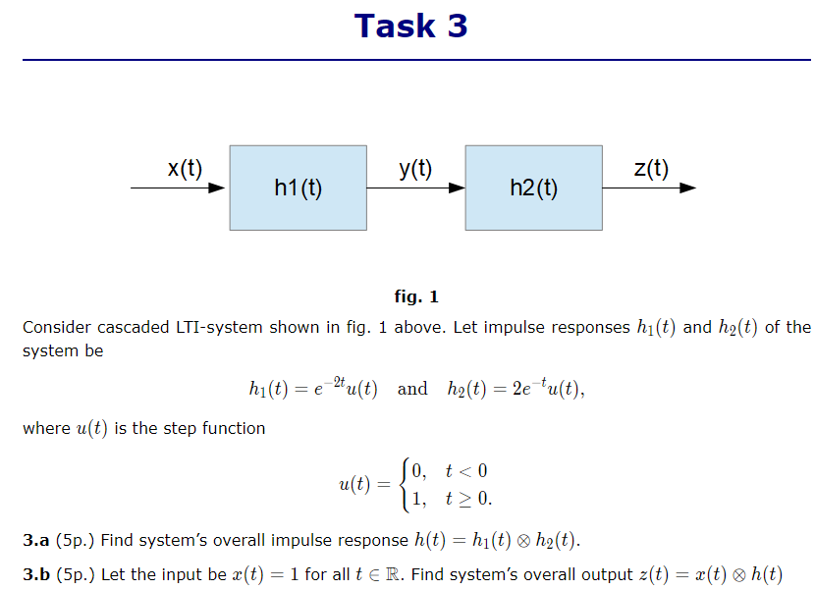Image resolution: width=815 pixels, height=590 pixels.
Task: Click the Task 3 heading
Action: (410, 26)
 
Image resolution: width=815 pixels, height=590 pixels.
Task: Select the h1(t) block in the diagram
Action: (299, 188)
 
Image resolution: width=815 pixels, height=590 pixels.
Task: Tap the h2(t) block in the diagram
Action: (533, 188)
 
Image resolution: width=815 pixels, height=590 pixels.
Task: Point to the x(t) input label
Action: (185, 168)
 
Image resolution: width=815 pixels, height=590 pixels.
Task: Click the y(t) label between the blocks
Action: (415, 168)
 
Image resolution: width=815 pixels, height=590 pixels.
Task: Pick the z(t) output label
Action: (651, 168)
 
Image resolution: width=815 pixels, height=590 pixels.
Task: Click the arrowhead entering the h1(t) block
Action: (218, 188)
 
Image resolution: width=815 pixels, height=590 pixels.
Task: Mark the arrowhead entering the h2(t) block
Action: (456, 188)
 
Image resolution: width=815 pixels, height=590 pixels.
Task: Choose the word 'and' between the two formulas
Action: (412, 389)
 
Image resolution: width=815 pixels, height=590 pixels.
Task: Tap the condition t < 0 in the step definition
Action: (466, 471)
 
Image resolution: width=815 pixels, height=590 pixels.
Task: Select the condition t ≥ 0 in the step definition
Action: (466, 498)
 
